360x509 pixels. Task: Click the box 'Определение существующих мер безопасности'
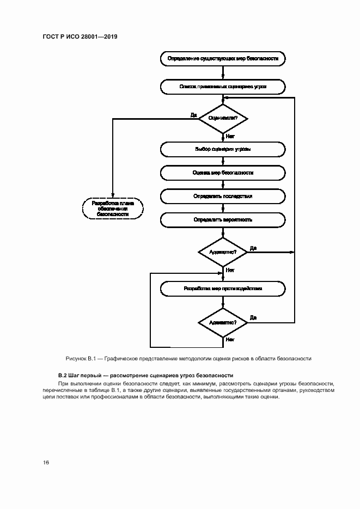(222, 58)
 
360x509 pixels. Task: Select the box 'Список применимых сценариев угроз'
(222, 86)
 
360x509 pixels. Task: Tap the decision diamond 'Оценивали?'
(223, 118)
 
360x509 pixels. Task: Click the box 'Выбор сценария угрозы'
(222, 149)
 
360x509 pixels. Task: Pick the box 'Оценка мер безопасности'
(222, 173)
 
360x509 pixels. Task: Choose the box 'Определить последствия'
(222, 196)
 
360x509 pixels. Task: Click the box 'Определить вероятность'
(222, 220)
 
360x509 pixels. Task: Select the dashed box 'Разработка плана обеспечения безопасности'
(112, 208)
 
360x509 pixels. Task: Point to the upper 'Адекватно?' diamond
(223, 253)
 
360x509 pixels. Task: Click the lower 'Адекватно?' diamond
(223, 322)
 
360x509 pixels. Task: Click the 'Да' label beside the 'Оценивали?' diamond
(193, 114)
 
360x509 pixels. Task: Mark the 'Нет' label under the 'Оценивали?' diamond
(230, 137)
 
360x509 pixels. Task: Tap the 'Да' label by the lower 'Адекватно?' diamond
(253, 317)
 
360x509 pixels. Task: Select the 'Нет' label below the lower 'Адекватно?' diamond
(230, 340)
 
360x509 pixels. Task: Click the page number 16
(46, 463)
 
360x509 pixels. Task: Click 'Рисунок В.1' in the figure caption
(81, 358)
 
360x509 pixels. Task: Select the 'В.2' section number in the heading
(62, 375)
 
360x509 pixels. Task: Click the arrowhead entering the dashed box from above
(112, 198)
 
